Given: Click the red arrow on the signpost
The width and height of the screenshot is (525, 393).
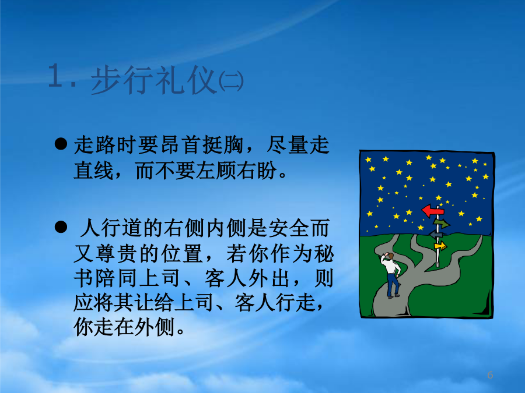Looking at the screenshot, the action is click(432, 211).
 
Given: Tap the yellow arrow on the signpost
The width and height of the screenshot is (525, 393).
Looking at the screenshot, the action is click(440, 246).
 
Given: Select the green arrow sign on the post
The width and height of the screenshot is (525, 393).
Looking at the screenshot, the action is click(442, 223).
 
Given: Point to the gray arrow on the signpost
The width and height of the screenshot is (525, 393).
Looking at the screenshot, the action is click(436, 234).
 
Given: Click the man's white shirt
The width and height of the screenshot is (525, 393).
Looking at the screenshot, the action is click(390, 265).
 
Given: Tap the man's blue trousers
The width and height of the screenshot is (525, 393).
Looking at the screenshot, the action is click(393, 284).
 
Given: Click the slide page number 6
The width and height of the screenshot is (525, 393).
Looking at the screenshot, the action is click(490, 375).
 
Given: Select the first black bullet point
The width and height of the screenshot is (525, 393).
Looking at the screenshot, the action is click(61, 144).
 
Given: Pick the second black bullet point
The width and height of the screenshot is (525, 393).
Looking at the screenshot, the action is click(61, 227).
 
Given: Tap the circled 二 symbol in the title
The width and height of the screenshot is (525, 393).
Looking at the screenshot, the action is click(230, 82).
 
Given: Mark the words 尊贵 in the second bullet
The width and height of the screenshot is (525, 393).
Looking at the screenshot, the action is click(116, 254).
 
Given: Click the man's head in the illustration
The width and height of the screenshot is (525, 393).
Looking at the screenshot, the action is click(390, 256).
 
